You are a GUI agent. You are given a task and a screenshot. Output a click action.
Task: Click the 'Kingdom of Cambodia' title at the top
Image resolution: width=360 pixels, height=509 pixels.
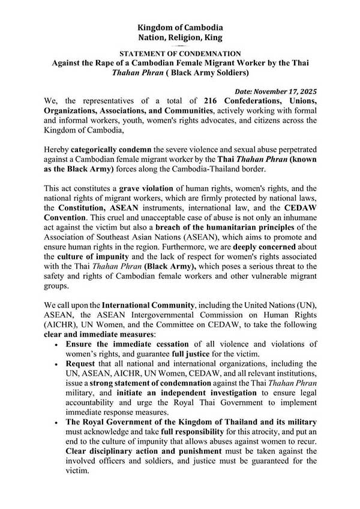pyautogui.click(x=180, y=28)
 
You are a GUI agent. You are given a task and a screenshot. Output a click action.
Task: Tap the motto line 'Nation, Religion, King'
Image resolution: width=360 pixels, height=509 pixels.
pyautogui.click(x=180, y=38)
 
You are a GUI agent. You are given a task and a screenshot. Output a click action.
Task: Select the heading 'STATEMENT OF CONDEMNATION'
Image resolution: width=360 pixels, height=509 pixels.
pyautogui.click(x=180, y=53)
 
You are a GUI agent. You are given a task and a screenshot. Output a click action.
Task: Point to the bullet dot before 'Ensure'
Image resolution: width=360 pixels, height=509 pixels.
pyautogui.click(x=56, y=344)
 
